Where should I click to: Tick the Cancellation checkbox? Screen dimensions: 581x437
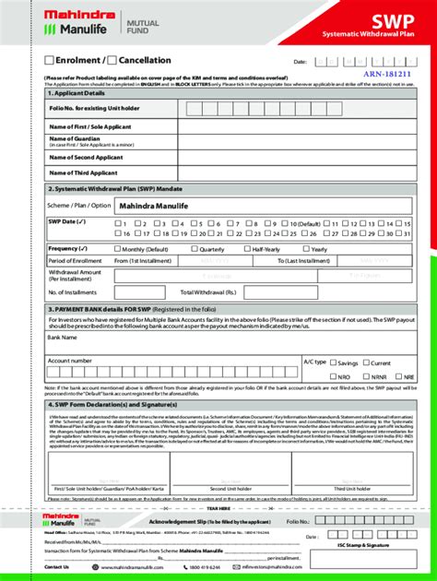tap(100, 61)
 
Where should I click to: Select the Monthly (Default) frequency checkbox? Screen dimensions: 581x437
tap(117, 249)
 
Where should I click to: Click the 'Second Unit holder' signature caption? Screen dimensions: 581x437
tap(230, 488)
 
